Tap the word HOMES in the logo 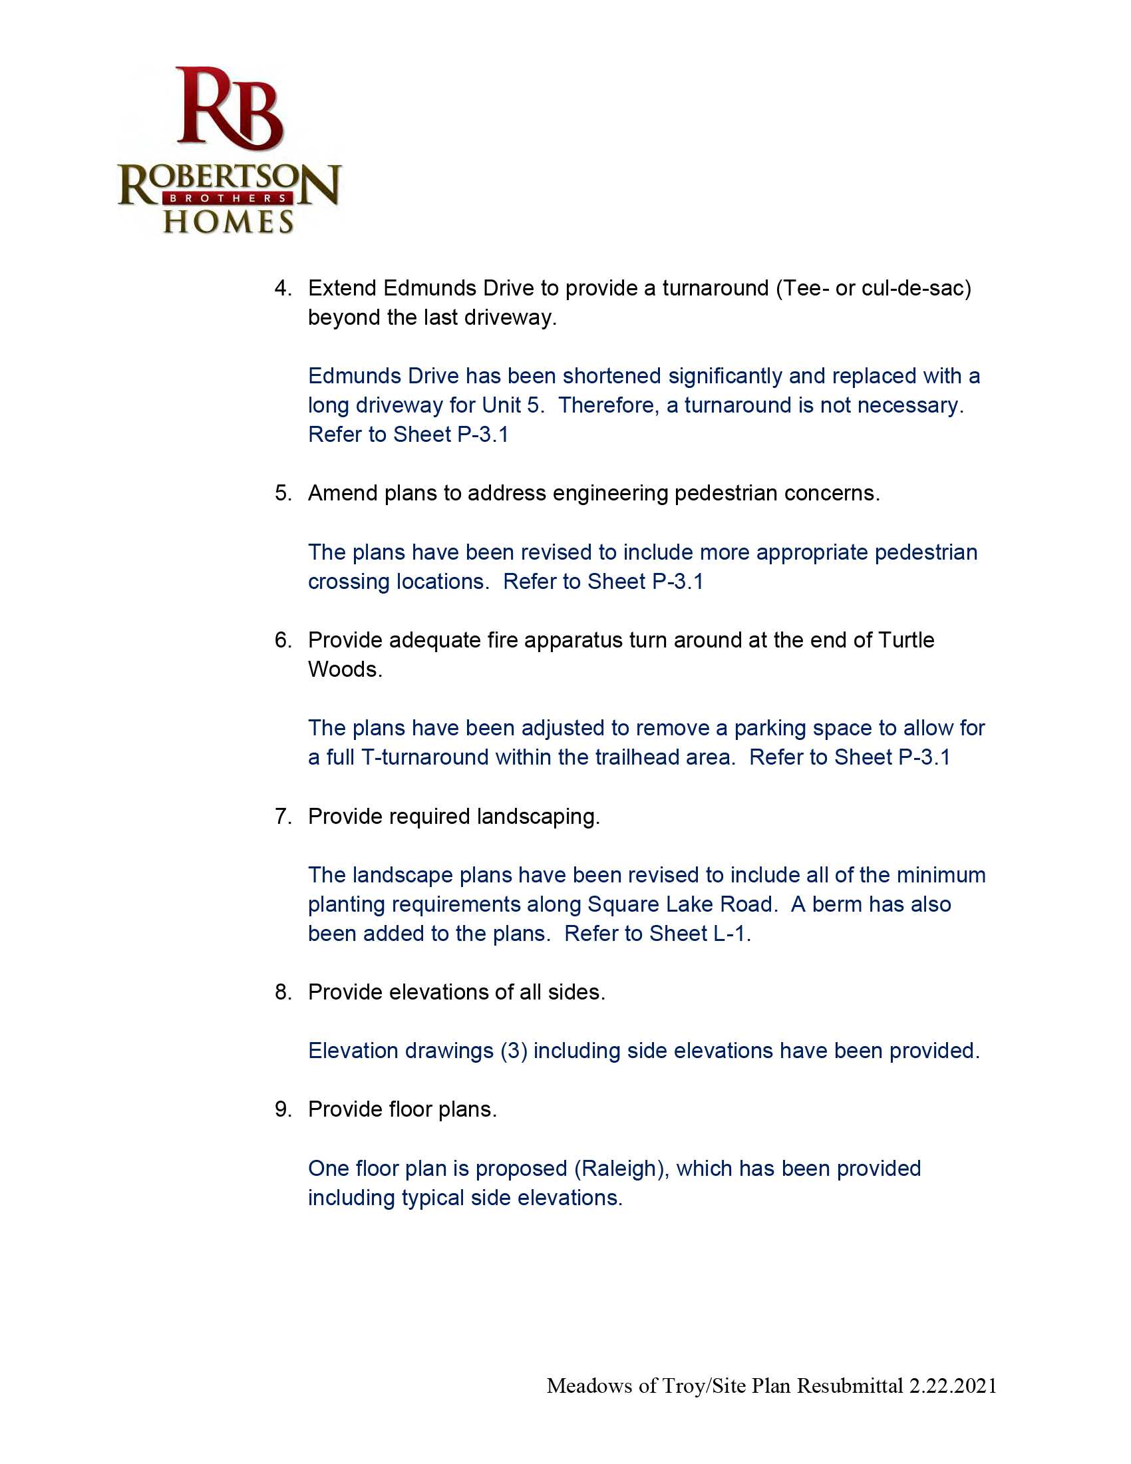[228, 222]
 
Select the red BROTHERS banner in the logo [228, 198]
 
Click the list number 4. [282, 288]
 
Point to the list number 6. [282, 640]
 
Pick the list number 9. [282, 1109]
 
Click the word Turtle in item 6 [906, 640]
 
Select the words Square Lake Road [682, 904]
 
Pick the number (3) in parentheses [514, 1051]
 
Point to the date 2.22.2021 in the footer [953, 1385]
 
